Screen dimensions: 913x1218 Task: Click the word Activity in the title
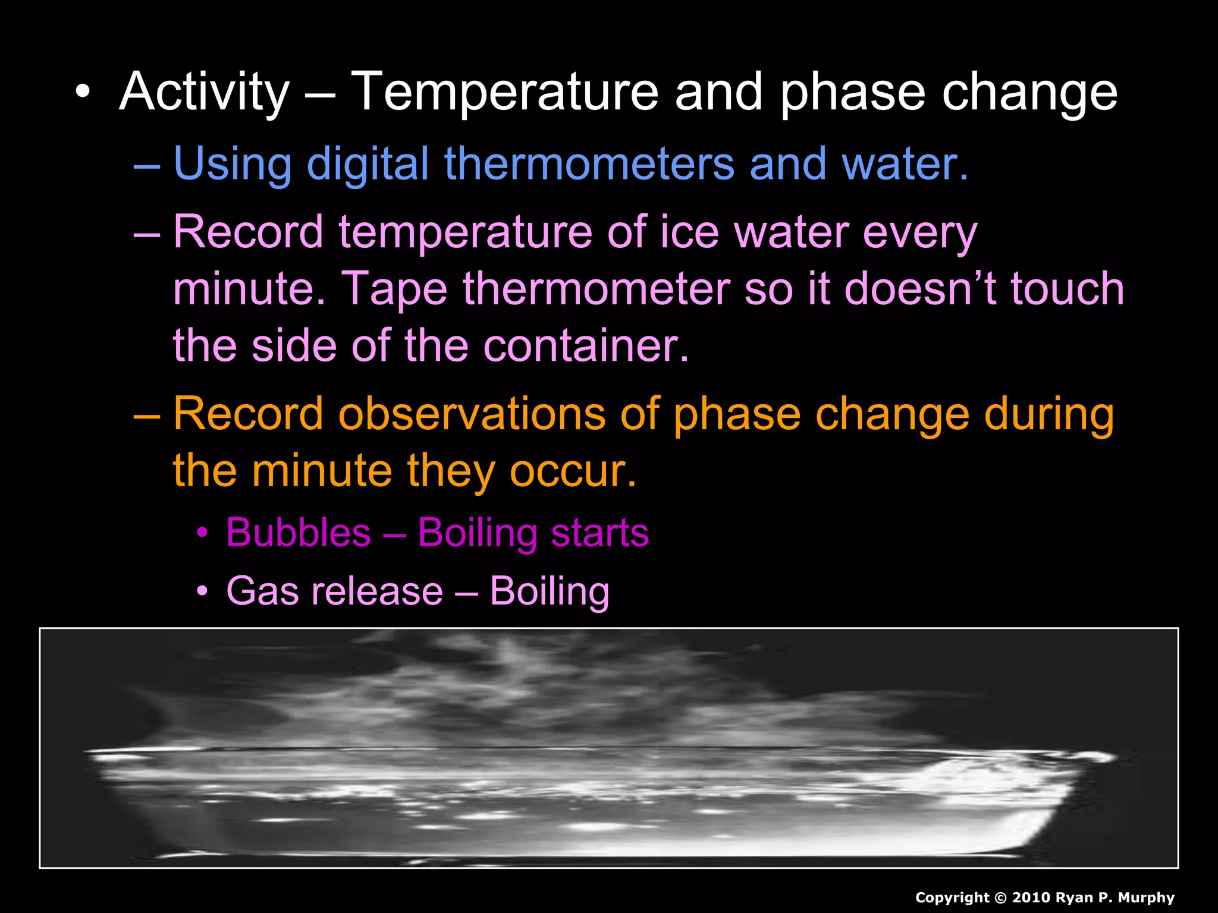204,92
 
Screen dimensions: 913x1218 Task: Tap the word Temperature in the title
504,92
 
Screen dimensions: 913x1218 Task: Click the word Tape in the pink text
395,289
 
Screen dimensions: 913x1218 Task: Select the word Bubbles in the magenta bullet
299,532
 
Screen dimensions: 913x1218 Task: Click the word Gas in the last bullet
262,591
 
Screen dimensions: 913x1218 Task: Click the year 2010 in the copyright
1031,898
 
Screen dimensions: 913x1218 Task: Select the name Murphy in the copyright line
1146,898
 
